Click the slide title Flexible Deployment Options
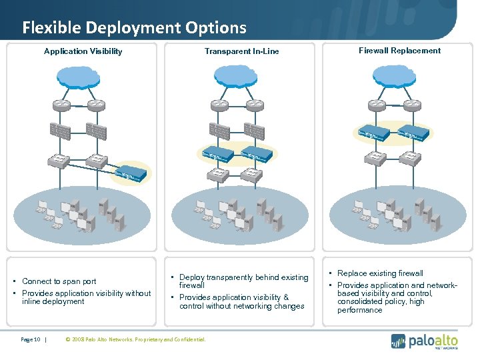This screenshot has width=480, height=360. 134,27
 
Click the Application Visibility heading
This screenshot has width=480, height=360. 83,51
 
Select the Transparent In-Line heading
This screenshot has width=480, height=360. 241,51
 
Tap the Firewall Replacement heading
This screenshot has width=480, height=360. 399,51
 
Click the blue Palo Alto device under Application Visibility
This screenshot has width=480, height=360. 131,174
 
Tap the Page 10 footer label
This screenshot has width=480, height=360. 31,339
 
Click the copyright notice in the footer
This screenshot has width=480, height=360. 136,339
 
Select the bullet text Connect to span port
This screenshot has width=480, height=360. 59,281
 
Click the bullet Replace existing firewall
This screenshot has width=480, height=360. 380,273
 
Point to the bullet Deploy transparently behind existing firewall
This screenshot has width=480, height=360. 243,281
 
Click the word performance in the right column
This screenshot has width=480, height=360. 360,310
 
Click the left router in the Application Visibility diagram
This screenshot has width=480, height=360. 62,105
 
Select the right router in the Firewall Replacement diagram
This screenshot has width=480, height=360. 413,105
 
